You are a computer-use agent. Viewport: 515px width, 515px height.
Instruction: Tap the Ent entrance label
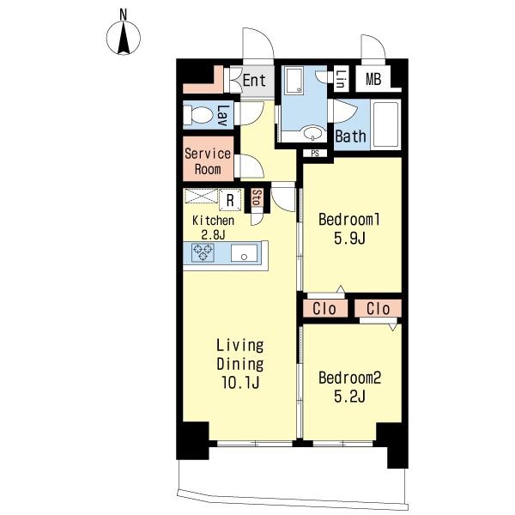click(254, 80)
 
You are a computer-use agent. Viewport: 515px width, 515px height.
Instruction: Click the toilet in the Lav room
click(197, 115)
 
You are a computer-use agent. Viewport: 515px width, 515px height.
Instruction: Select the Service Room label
click(208, 161)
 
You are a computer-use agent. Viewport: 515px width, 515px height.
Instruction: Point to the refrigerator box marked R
click(230, 200)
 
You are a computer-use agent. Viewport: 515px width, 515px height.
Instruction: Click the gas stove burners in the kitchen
click(203, 252)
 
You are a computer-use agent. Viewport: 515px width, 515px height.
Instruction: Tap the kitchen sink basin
click(244, 253)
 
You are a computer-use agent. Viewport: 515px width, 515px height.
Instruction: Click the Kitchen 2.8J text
click(213, 227)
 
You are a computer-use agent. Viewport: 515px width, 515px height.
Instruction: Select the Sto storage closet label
click(257, 197)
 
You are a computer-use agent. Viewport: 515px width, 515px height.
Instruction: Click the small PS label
click(315, 154)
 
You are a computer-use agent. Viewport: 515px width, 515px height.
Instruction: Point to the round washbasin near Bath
click(312, 133)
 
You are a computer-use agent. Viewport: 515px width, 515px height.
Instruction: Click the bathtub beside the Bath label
click(386, 124)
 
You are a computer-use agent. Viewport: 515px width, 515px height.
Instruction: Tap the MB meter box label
click(373, 79)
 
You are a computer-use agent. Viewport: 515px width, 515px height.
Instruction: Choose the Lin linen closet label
click(341, 80)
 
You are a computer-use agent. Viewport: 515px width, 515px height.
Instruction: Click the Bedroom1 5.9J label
click(349, 228)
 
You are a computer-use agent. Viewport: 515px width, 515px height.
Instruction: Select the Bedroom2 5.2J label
click(350, 387)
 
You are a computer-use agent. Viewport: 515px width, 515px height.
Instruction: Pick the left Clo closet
click(324, 309)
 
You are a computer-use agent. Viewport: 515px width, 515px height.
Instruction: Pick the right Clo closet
click(378, 309)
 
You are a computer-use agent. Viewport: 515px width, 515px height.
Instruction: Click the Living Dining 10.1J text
click(240, 364)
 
